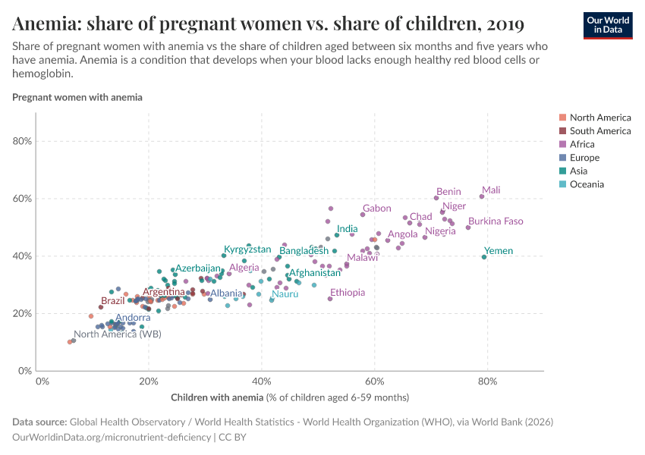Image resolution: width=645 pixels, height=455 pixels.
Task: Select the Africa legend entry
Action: (582, 144)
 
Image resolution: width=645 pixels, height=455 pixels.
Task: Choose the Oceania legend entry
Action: (587, 184)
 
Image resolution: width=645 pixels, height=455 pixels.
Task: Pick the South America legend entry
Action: (599, 131)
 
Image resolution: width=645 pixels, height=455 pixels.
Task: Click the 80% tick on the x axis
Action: (487, 381)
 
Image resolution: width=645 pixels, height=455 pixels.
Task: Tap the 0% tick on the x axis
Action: (42, 381)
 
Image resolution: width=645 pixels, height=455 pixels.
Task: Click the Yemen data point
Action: (484, 257)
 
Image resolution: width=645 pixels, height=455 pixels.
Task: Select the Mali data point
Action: (482, 196)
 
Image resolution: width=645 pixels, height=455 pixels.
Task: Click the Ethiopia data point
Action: (330, 299)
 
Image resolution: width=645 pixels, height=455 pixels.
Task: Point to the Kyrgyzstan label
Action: (247, 249)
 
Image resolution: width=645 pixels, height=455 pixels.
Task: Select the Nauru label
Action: (285, 293)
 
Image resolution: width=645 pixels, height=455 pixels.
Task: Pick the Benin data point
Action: (436, 198)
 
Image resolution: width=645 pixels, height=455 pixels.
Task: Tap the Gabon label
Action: (376, 209)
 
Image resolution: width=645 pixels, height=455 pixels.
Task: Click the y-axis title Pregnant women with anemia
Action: (77, 97)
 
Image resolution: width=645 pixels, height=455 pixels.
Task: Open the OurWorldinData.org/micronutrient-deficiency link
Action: (112, 438)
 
